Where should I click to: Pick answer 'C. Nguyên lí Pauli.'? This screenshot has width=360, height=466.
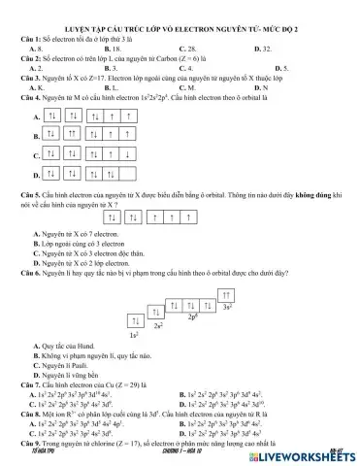pyautogui.click(x=61, y=367)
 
